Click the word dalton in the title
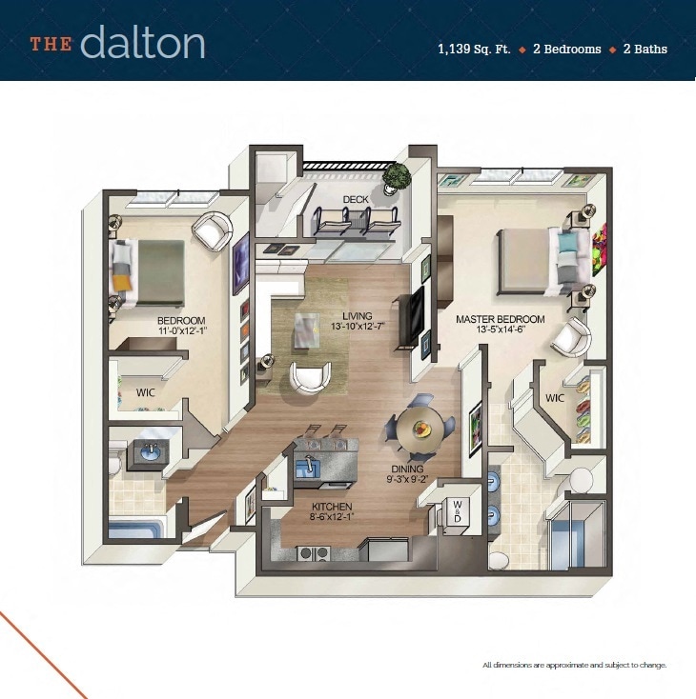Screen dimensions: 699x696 143,42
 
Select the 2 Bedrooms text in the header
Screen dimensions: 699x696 565,49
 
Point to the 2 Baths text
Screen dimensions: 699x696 645,49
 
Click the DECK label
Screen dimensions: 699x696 356,199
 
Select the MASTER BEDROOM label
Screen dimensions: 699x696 500,319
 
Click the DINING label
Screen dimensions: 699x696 407,469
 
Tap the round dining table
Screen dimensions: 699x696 421,427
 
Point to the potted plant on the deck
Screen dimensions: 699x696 397,176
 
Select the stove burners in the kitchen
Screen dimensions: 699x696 312,552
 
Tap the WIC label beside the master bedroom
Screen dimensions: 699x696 556,397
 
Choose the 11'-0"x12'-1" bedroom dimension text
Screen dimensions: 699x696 182,331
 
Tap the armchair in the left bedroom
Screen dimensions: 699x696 213,230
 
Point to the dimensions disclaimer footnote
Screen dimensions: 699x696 574,665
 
